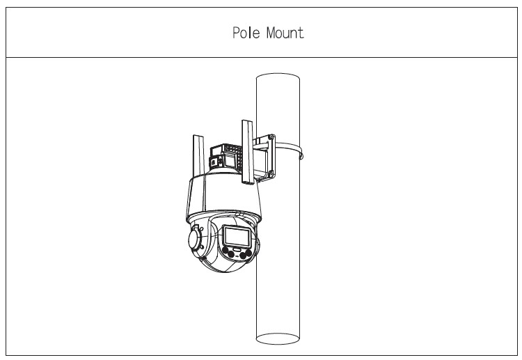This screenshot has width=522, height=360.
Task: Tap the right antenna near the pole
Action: (246, 153)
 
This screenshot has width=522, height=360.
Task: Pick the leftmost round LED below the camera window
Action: (228, 252)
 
